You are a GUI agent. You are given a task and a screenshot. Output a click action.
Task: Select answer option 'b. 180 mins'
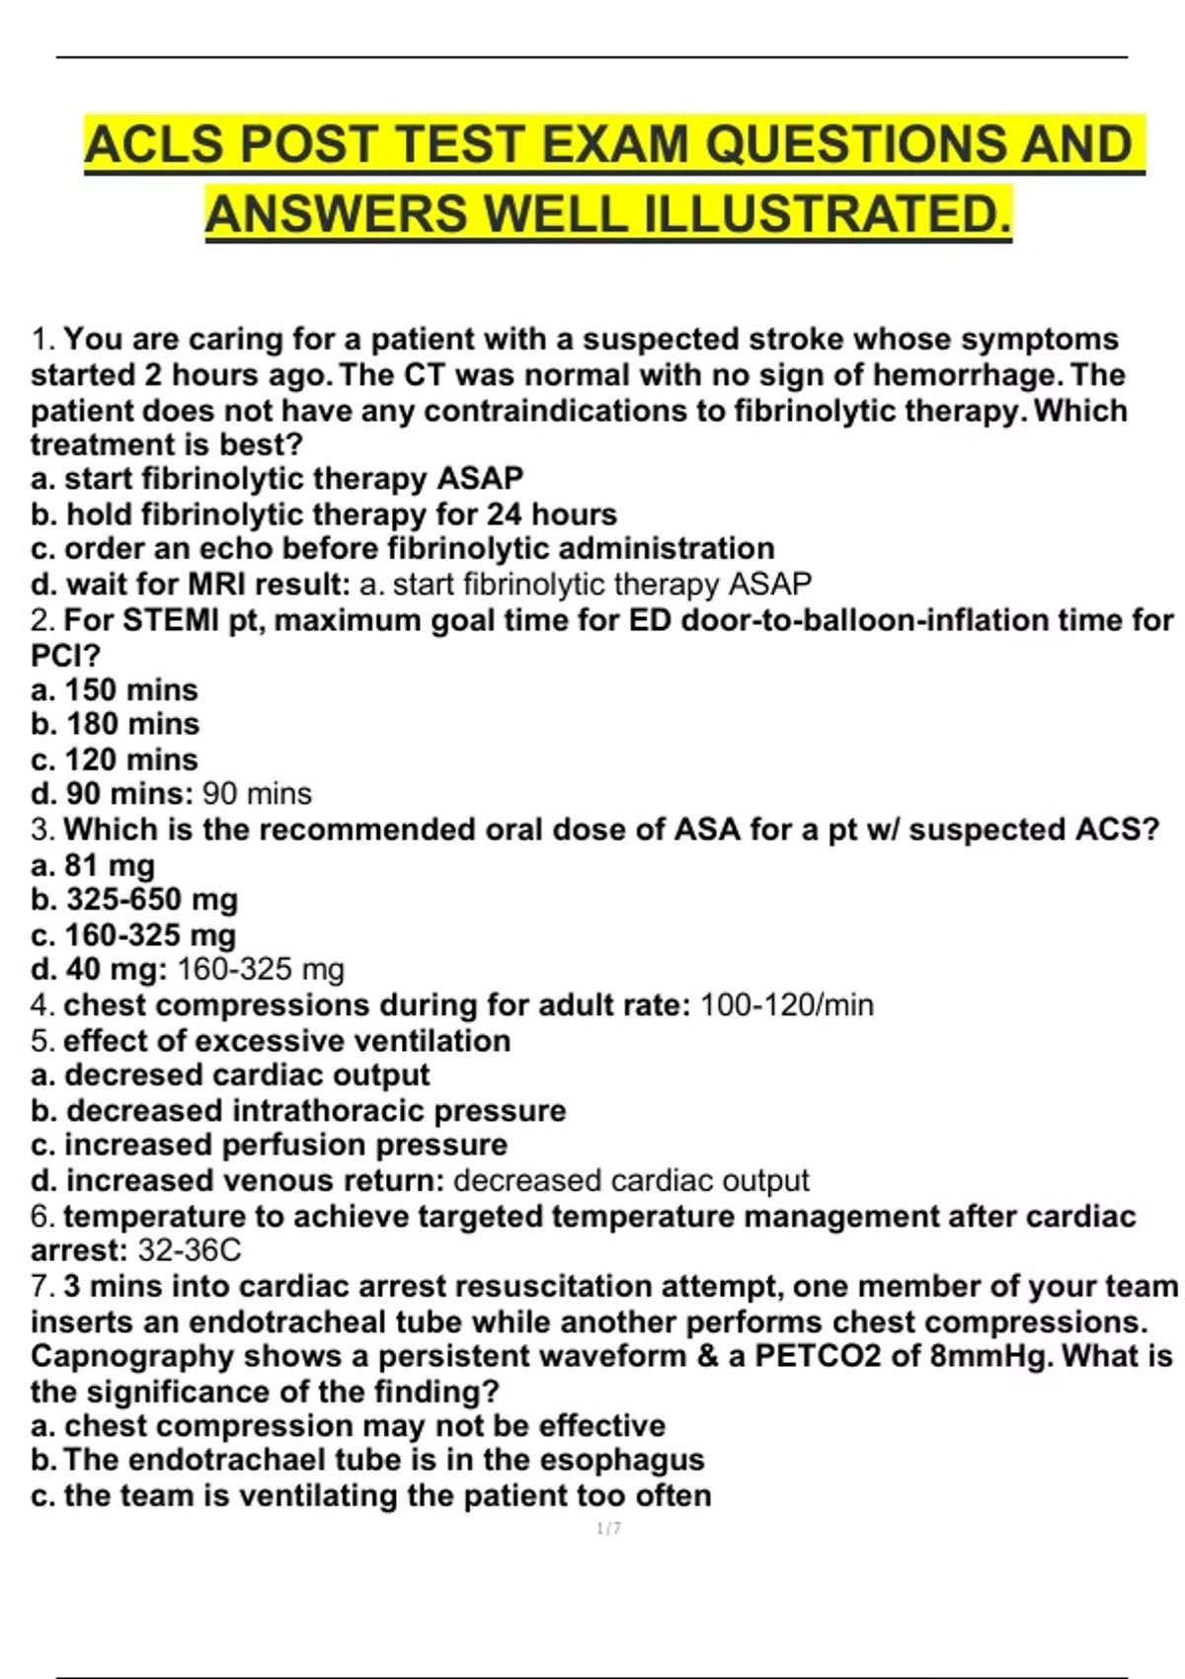115,724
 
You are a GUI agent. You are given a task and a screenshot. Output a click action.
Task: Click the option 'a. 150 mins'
115,689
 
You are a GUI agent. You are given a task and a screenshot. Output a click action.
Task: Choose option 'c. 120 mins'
115,760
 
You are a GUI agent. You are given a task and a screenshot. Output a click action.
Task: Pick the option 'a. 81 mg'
93,865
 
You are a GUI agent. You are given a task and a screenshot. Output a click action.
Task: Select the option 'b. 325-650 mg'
134,900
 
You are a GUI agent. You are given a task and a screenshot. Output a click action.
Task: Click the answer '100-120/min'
787,1005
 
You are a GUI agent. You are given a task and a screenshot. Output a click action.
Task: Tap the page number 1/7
609,1529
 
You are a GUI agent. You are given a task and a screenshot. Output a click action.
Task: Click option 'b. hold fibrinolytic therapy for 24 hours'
324,515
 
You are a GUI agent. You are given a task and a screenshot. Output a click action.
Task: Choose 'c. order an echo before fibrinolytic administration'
403,548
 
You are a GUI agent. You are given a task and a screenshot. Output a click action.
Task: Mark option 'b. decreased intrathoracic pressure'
298,1111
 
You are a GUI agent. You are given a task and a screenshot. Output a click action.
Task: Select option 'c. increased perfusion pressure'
269,1145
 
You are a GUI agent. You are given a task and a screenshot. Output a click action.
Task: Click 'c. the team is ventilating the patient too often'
371,1495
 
